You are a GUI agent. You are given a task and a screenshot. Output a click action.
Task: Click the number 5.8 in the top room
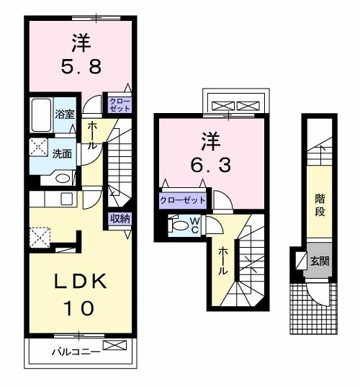coord(81,71)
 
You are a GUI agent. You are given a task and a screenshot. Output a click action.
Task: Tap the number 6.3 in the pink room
coord(210,165)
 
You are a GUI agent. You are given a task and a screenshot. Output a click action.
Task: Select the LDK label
coord(79,280)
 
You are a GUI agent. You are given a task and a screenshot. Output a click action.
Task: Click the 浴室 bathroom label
coord(64,114)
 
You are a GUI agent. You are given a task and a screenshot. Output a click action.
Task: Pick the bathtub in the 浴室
coord(41,115)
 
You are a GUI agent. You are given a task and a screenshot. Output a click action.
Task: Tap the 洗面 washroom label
coord(61,153)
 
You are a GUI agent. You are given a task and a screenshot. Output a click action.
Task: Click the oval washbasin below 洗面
coord(63,178)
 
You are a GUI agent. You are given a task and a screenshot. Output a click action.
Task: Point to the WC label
coord(194,225)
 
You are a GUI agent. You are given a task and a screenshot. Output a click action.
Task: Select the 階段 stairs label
coord(319,206)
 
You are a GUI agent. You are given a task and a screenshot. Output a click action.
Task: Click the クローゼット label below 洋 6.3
coord(182,200)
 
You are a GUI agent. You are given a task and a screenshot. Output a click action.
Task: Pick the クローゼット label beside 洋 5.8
coord(120,103)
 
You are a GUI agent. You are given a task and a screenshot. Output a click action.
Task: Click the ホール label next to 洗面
coord(93,135)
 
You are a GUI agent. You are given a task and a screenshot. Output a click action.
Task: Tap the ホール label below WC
coord(223,261)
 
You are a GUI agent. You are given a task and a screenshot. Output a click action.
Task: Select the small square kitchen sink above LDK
coord(67,199)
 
